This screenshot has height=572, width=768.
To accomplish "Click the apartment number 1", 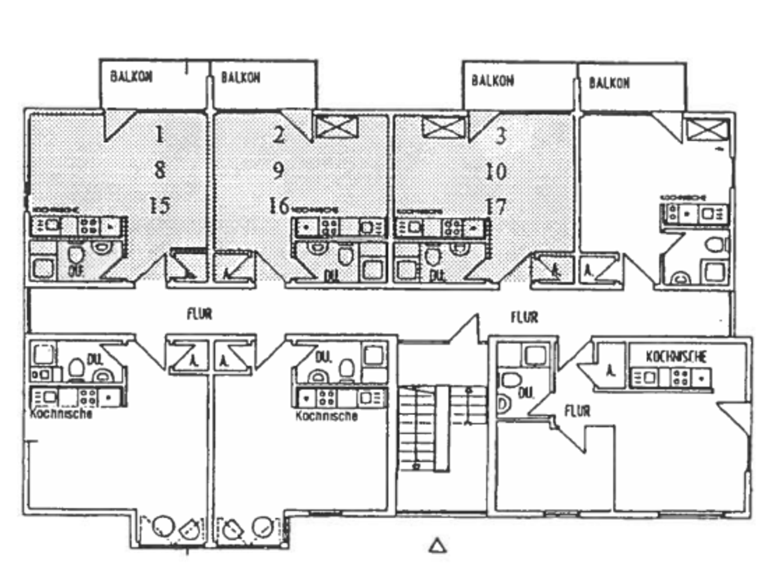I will [159, 134].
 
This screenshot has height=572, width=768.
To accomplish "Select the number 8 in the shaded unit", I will [159, 170].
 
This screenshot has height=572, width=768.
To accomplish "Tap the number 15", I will [159, 206].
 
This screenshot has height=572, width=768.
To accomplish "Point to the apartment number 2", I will [279, 135].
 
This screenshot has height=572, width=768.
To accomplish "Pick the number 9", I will [278, 171].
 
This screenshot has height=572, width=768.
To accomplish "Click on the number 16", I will [278, 206].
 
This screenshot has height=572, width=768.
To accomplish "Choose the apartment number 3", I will [500, 136].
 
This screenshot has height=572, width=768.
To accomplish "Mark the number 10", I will [496, 172].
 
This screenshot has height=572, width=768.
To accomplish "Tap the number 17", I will [496, 207].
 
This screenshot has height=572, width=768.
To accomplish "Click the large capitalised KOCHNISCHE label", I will [676, 356].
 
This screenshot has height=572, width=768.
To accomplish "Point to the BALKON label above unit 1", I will [131, 77].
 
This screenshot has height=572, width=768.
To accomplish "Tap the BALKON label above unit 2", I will [241, 78].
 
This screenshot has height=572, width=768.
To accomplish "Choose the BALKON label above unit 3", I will [492, 81].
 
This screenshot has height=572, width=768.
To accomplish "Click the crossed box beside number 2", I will [336, 127].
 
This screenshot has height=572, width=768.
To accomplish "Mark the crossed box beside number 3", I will [443, 128].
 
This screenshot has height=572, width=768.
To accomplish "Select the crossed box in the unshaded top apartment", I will [707, 130].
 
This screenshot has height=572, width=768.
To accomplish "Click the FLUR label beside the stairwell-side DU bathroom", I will [578, 411].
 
